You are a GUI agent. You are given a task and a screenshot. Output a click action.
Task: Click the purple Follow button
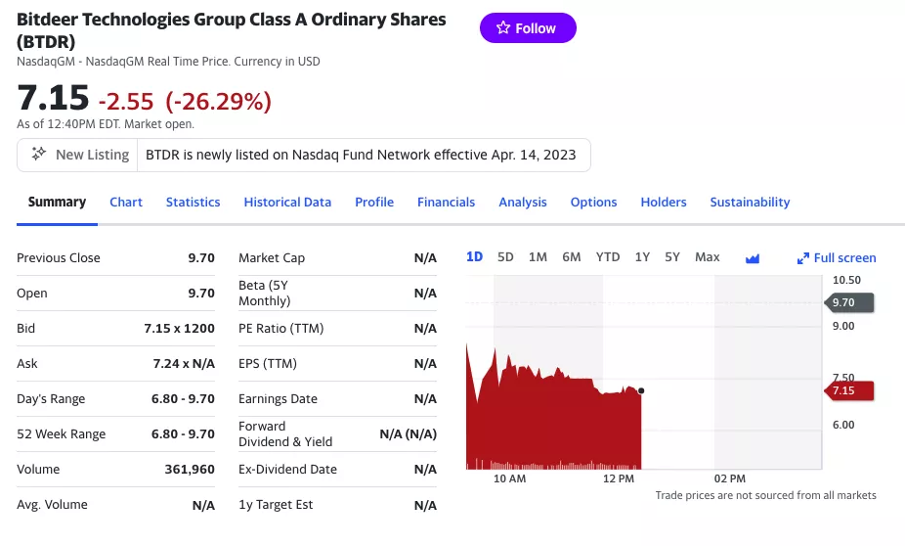coord(528,28)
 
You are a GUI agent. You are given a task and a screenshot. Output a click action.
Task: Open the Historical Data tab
coord(287,202)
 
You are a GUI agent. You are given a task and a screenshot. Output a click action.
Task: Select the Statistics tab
coord(193,202)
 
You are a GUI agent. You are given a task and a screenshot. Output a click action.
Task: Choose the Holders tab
coord(664,202)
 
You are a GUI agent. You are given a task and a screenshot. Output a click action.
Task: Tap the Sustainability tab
coord(750,202)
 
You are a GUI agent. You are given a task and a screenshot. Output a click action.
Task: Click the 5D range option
coord(505,257)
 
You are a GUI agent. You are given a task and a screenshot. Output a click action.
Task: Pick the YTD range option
coord(608,257)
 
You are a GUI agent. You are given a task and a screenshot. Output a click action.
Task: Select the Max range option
coord(707,257)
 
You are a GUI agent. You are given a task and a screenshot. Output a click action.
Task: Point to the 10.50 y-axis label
coord(846,280)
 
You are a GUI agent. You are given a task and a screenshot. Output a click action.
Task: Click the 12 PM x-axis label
coord(619,478)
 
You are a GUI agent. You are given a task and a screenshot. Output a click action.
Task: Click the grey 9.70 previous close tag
coord(847,303)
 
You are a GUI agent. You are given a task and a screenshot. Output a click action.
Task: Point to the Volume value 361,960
coord(190,470)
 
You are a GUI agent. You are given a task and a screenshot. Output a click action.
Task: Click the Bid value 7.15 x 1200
coord(179,329)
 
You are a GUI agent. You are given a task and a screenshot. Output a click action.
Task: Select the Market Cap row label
coord(272,258)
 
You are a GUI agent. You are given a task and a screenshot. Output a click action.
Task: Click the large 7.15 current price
coord(53,98)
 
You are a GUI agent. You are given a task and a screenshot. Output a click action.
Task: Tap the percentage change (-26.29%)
coord(218,101)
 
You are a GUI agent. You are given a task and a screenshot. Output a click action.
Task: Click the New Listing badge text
coord(92,155)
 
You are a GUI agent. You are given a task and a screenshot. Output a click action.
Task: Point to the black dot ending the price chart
coord(641,390)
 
